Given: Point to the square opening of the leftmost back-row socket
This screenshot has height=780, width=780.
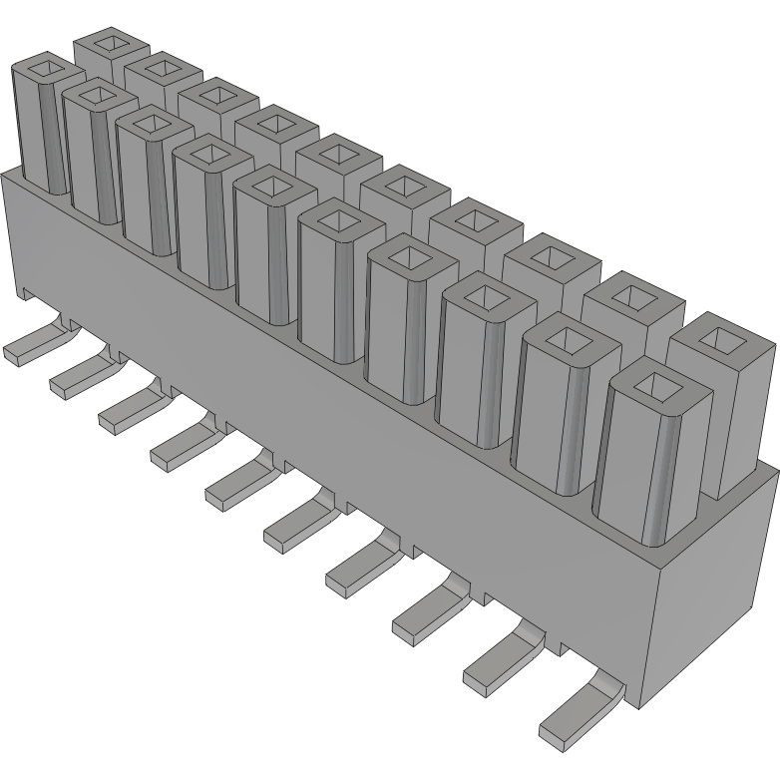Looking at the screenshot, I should (110, 45).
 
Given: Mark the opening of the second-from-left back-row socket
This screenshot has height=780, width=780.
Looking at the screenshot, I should (162, 69).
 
